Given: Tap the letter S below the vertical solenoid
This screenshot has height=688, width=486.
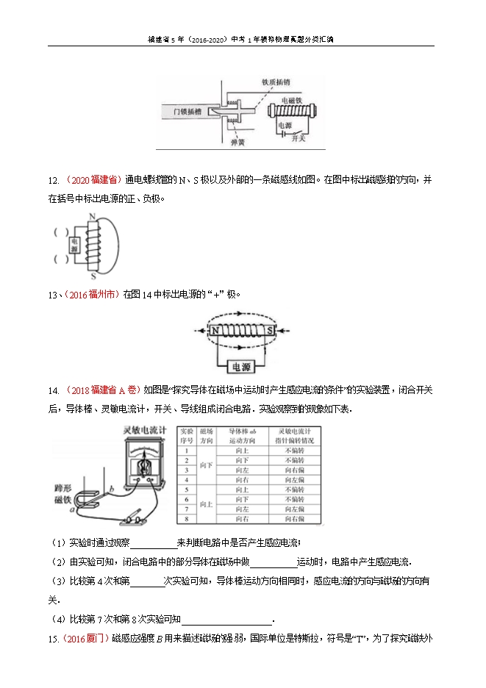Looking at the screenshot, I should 93,277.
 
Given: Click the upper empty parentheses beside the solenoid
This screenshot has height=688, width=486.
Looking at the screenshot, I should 58,233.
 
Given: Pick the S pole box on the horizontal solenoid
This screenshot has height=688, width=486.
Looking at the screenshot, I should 270,331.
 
